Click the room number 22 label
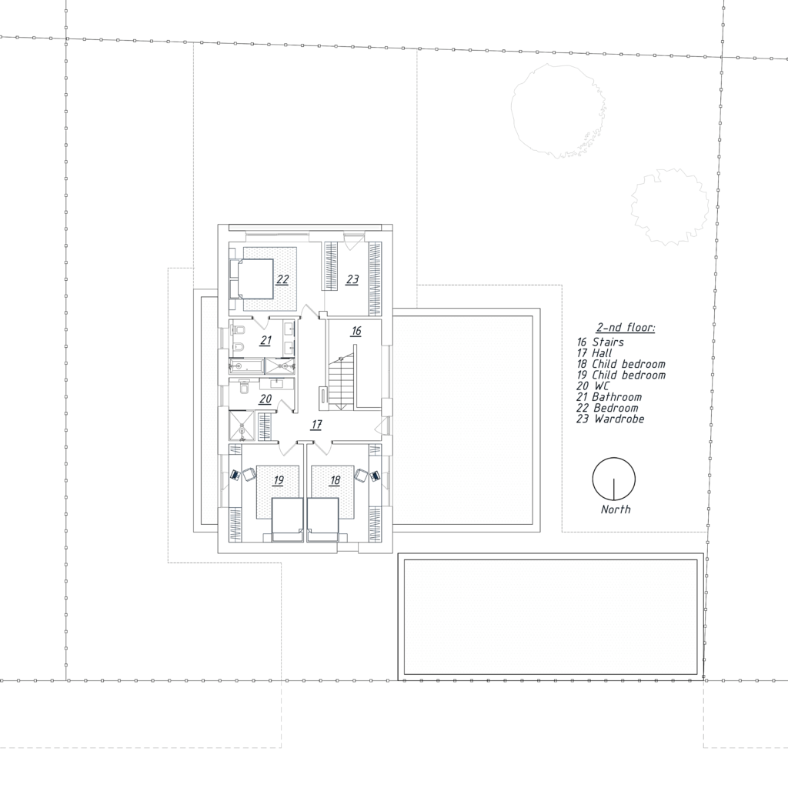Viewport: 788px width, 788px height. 282,279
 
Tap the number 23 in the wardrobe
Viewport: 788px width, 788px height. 352,279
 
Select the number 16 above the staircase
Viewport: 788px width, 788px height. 356,331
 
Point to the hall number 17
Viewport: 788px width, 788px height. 316,425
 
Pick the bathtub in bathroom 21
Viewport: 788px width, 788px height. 247,366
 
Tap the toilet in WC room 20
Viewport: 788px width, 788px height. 245,387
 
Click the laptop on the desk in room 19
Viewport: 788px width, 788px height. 235,475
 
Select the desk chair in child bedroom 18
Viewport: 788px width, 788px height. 361,474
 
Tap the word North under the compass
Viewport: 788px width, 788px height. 616,509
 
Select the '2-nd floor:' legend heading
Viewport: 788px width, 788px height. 626,328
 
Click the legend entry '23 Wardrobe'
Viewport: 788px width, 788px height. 610,419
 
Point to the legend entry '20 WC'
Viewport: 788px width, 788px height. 593,386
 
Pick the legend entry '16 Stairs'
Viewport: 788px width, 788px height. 600,342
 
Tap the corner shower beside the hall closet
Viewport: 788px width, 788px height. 242,426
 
